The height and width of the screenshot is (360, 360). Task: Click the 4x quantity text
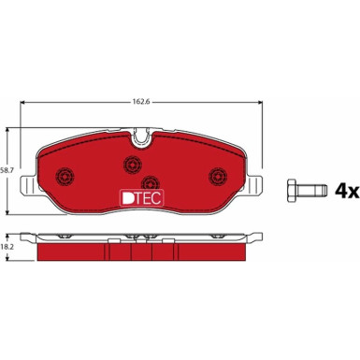347,191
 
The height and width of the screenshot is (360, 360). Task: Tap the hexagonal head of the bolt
289,190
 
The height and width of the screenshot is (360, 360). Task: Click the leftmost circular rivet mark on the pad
65,176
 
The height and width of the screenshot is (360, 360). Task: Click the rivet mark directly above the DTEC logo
150,180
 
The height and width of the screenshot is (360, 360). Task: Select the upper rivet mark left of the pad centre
129,165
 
